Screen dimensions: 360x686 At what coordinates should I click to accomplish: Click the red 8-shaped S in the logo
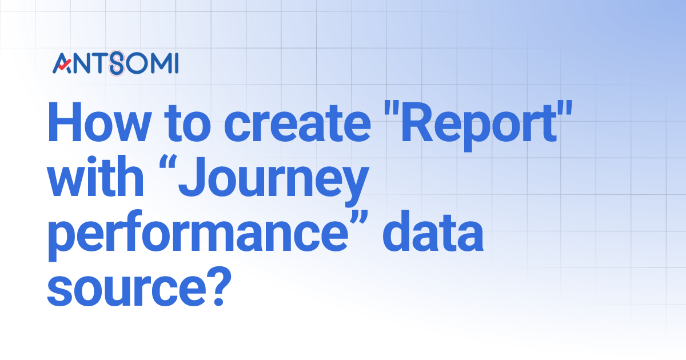(117, 63)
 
